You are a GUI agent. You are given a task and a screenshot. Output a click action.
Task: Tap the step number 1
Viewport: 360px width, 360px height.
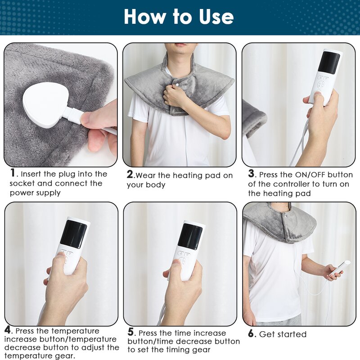[13, 173]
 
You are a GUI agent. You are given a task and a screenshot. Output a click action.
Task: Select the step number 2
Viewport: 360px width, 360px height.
[130, 175]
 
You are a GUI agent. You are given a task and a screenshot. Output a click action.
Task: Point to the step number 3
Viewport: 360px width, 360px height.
[252, 174]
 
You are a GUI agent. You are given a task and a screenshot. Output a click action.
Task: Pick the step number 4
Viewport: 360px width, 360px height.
[8, 330]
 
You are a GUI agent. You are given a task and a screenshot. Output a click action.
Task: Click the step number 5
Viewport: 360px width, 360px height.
[131, 332]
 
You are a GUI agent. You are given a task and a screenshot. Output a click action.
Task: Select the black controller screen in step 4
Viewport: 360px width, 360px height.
[73, 234]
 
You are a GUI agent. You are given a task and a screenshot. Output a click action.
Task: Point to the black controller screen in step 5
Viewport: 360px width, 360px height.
[190, 236]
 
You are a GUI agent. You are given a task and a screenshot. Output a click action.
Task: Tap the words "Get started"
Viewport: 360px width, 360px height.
[283, 334]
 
